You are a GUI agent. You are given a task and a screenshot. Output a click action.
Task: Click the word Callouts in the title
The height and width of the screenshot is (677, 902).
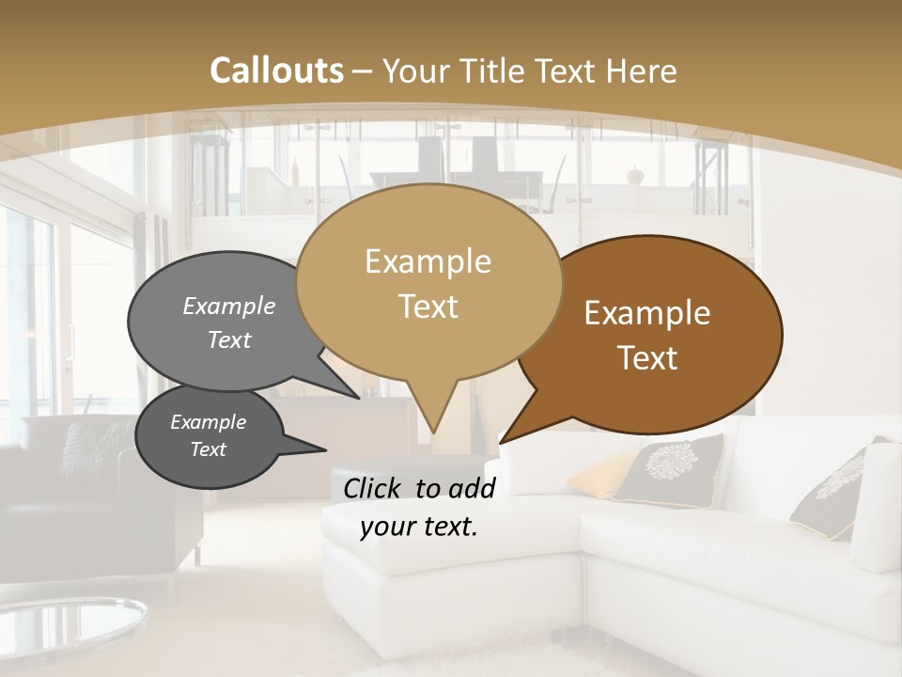click(x=276, y=71)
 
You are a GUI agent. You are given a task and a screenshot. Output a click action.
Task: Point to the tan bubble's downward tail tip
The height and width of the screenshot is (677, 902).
click(x=433, y=433)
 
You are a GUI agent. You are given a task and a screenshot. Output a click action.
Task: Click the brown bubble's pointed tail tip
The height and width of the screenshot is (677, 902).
click(x=501, y=442)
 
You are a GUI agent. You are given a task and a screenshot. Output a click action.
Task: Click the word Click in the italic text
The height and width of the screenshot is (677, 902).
click(x=374, y=488)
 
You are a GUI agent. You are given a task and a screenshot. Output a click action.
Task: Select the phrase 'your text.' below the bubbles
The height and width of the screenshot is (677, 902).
click(x=419, y=527)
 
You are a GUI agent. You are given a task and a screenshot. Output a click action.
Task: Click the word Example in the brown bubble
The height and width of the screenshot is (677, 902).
click(x=647, y=314)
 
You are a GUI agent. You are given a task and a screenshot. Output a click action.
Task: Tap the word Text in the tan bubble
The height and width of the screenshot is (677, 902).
click(x=428, y=307)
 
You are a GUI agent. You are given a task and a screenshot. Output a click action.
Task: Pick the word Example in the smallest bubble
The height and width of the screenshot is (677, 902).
click(x=208, y=422)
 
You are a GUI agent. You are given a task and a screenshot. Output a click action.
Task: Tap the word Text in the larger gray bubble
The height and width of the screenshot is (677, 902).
click(x=229, y=340)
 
